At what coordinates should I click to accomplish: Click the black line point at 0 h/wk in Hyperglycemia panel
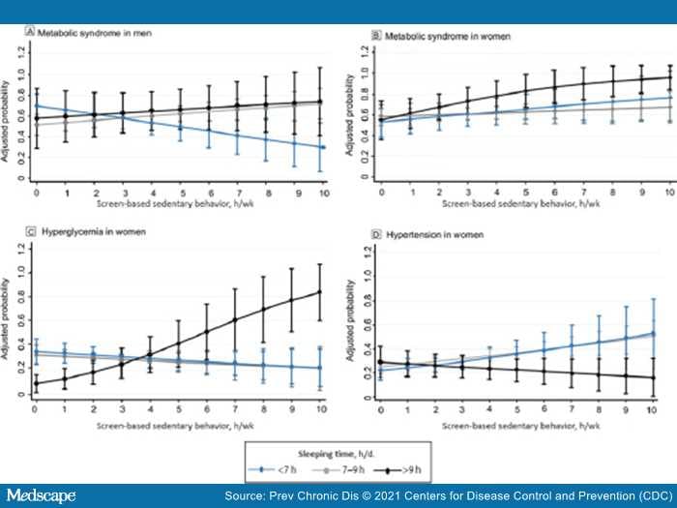[x=37, y=383]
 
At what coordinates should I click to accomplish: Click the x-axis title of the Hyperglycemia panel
[x=180, y=423]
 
